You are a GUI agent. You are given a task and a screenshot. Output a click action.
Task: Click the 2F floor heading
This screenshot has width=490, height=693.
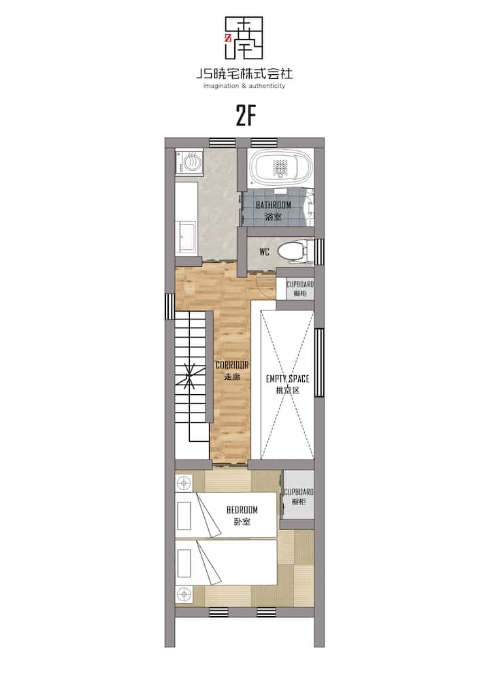point(246,116)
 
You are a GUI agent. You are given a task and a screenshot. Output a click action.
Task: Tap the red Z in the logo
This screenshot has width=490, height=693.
point(228,38)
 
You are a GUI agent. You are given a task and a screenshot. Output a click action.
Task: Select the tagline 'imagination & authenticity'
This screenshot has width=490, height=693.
point(244,86)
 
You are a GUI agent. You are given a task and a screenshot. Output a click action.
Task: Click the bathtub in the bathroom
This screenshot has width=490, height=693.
point(280,168)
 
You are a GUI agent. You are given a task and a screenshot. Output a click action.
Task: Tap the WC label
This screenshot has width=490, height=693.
point(264,253)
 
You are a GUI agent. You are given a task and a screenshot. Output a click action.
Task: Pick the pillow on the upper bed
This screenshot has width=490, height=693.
point(183,515)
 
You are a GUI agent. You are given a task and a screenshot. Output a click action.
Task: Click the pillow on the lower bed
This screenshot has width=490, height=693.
point(183,563)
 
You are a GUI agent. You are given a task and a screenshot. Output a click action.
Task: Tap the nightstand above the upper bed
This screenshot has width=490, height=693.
point(184,483)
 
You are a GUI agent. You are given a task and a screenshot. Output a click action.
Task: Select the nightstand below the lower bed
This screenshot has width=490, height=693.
point(184,594)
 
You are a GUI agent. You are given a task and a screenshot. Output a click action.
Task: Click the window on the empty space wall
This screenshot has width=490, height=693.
point(319,362)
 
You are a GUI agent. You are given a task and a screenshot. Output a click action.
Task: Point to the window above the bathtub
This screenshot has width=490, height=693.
point(262,142)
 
